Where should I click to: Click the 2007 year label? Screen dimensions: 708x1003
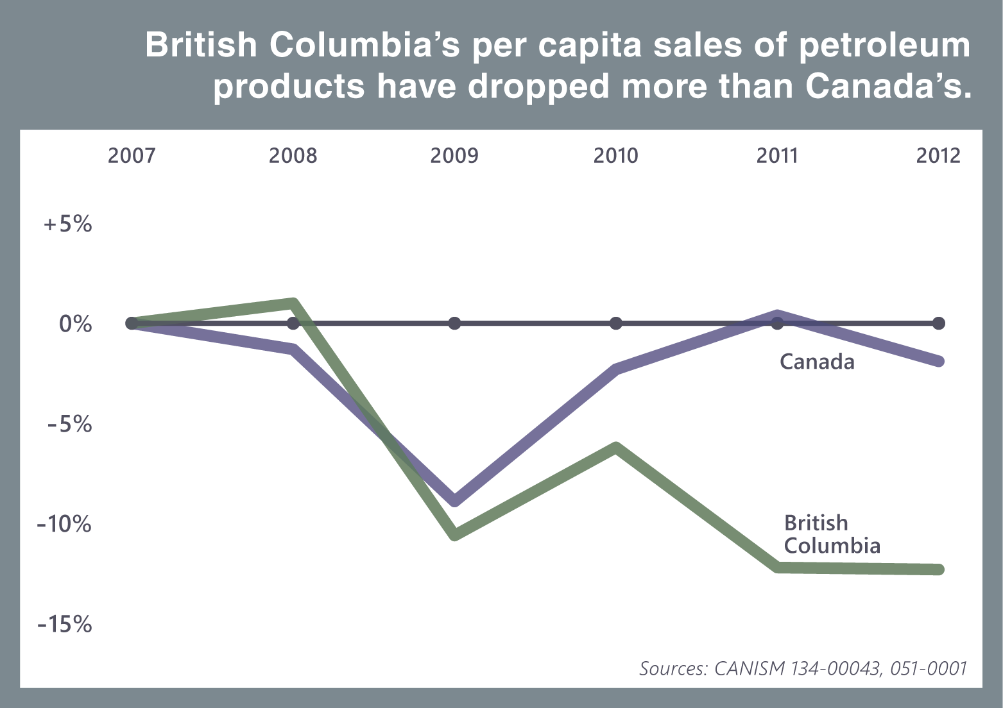coord(132,156)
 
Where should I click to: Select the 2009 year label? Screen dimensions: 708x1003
coord(454,156)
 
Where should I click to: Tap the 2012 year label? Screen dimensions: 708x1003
coord(938,156)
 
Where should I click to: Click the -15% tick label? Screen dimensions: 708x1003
coord(65,624)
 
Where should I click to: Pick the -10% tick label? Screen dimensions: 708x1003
coord(65,524)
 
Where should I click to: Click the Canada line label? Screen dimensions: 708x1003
coord(817,362)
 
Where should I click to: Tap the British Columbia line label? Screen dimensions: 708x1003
coord(832,534)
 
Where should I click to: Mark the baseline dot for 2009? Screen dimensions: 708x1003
coord(454,323)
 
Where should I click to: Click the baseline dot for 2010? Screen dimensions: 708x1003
coord(616,323)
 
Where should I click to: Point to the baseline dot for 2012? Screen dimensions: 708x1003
coord(938,323)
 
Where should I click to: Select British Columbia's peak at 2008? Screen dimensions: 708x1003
coord(293,303)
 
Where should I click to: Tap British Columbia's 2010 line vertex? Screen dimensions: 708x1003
coord(616,447)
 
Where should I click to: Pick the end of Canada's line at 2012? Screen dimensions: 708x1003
coord(938,361)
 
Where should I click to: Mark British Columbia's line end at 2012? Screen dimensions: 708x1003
coord(938,569)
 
